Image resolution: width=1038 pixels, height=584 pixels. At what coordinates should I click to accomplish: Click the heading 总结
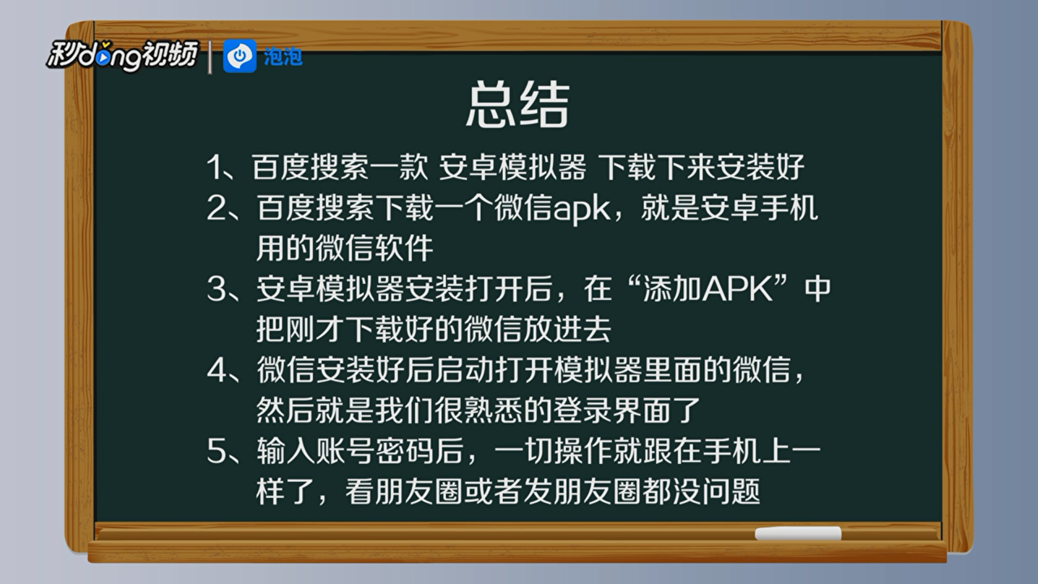point(517,104)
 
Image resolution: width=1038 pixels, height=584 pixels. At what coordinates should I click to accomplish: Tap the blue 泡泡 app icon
point(239,56)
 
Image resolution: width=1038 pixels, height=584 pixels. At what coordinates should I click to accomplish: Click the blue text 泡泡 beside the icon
point(283,57)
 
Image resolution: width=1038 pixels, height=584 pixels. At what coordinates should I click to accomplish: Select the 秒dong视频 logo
point(122,56)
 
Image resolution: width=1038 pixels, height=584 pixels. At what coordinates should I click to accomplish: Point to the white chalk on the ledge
point(798,533)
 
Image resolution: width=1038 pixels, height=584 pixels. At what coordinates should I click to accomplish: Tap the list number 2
point(217,208)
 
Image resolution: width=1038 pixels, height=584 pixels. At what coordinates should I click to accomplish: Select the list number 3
point(217,290)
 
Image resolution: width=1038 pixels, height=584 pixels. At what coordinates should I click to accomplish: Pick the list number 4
point(217,371)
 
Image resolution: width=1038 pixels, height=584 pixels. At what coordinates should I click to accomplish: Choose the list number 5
point(217,452)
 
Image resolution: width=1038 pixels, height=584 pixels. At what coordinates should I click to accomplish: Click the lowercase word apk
point(581,210)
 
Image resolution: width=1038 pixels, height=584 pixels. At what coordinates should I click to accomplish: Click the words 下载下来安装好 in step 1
point(701,167)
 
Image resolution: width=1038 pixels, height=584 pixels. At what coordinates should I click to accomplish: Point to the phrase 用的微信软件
point(345,248)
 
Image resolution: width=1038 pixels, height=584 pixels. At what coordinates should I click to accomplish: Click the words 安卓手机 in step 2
point(759,208)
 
